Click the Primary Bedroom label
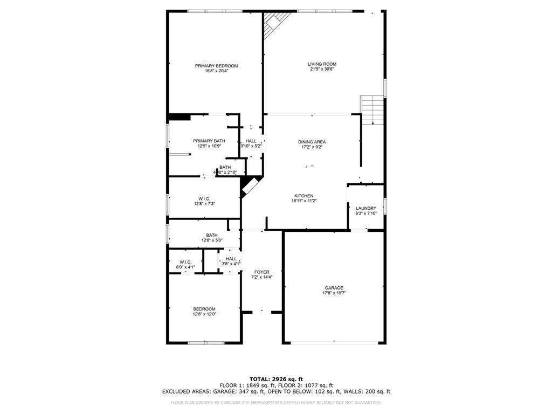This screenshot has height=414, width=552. tap(216, 66)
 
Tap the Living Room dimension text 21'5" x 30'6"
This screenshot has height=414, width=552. tap(322, 69)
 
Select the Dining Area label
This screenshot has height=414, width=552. tap(312, 142)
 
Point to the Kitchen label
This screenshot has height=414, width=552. tap(303, 196)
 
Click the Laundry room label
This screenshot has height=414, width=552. tap(366, 208)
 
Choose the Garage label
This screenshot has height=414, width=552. tap(334, 288)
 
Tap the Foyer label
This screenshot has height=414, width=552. tap(261, 272)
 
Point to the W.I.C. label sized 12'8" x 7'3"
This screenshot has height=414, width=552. tap(204, 198)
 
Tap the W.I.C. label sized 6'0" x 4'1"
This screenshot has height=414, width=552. tap(185, 262)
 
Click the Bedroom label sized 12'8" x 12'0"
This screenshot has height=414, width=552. tap(204, 309)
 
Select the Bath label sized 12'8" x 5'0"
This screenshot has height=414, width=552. tap(211, 235)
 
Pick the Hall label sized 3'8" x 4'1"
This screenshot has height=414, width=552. tap(231, 259)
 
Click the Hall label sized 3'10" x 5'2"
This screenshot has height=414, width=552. tap(251, 141)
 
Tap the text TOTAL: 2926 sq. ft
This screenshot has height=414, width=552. tap(276, 379)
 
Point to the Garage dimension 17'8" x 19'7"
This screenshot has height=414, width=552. tap(334, 293)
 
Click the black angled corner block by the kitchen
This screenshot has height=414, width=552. tap(249, 187)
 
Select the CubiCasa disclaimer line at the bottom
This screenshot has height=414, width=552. tap(276, 403)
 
